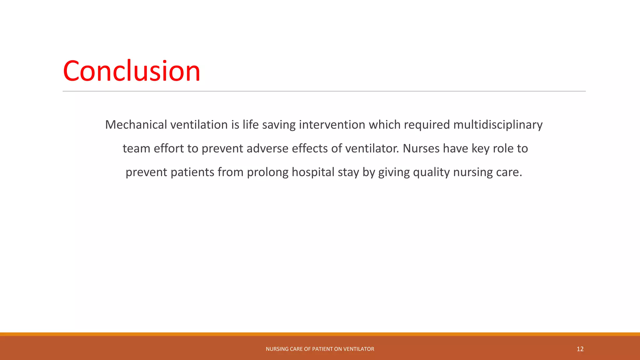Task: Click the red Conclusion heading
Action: pos(131,71)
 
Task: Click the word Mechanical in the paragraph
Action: pos(136,125)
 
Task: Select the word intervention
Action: pos(332,125)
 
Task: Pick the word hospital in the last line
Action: pos(313,172)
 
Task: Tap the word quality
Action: pos(431,172)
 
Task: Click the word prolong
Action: pos(267,172)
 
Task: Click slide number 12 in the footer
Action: pos(580,349)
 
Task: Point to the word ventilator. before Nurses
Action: pos(372,148)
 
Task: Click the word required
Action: pos(427,125)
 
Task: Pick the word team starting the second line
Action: pos(136,148)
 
